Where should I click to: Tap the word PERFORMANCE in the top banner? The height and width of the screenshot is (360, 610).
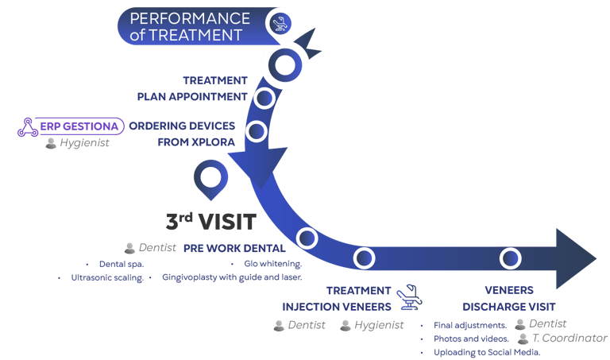190,17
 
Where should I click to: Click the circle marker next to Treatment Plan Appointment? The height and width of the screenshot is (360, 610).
264,98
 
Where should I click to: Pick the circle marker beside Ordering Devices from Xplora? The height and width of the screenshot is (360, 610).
256,132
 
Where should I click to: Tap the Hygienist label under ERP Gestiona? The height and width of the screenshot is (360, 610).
76,144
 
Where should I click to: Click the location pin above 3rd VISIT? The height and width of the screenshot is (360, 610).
210,181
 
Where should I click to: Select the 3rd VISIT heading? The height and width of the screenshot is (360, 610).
210,222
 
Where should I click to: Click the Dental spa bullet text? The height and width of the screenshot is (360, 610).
118,263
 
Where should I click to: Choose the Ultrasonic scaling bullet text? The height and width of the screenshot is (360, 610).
105,278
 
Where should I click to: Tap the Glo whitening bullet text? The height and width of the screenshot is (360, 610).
264,263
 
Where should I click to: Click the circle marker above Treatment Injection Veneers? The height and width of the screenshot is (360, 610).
365,257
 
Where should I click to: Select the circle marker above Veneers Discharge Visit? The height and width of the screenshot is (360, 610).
510,257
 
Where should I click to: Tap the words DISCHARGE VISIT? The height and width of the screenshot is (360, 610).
509,306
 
